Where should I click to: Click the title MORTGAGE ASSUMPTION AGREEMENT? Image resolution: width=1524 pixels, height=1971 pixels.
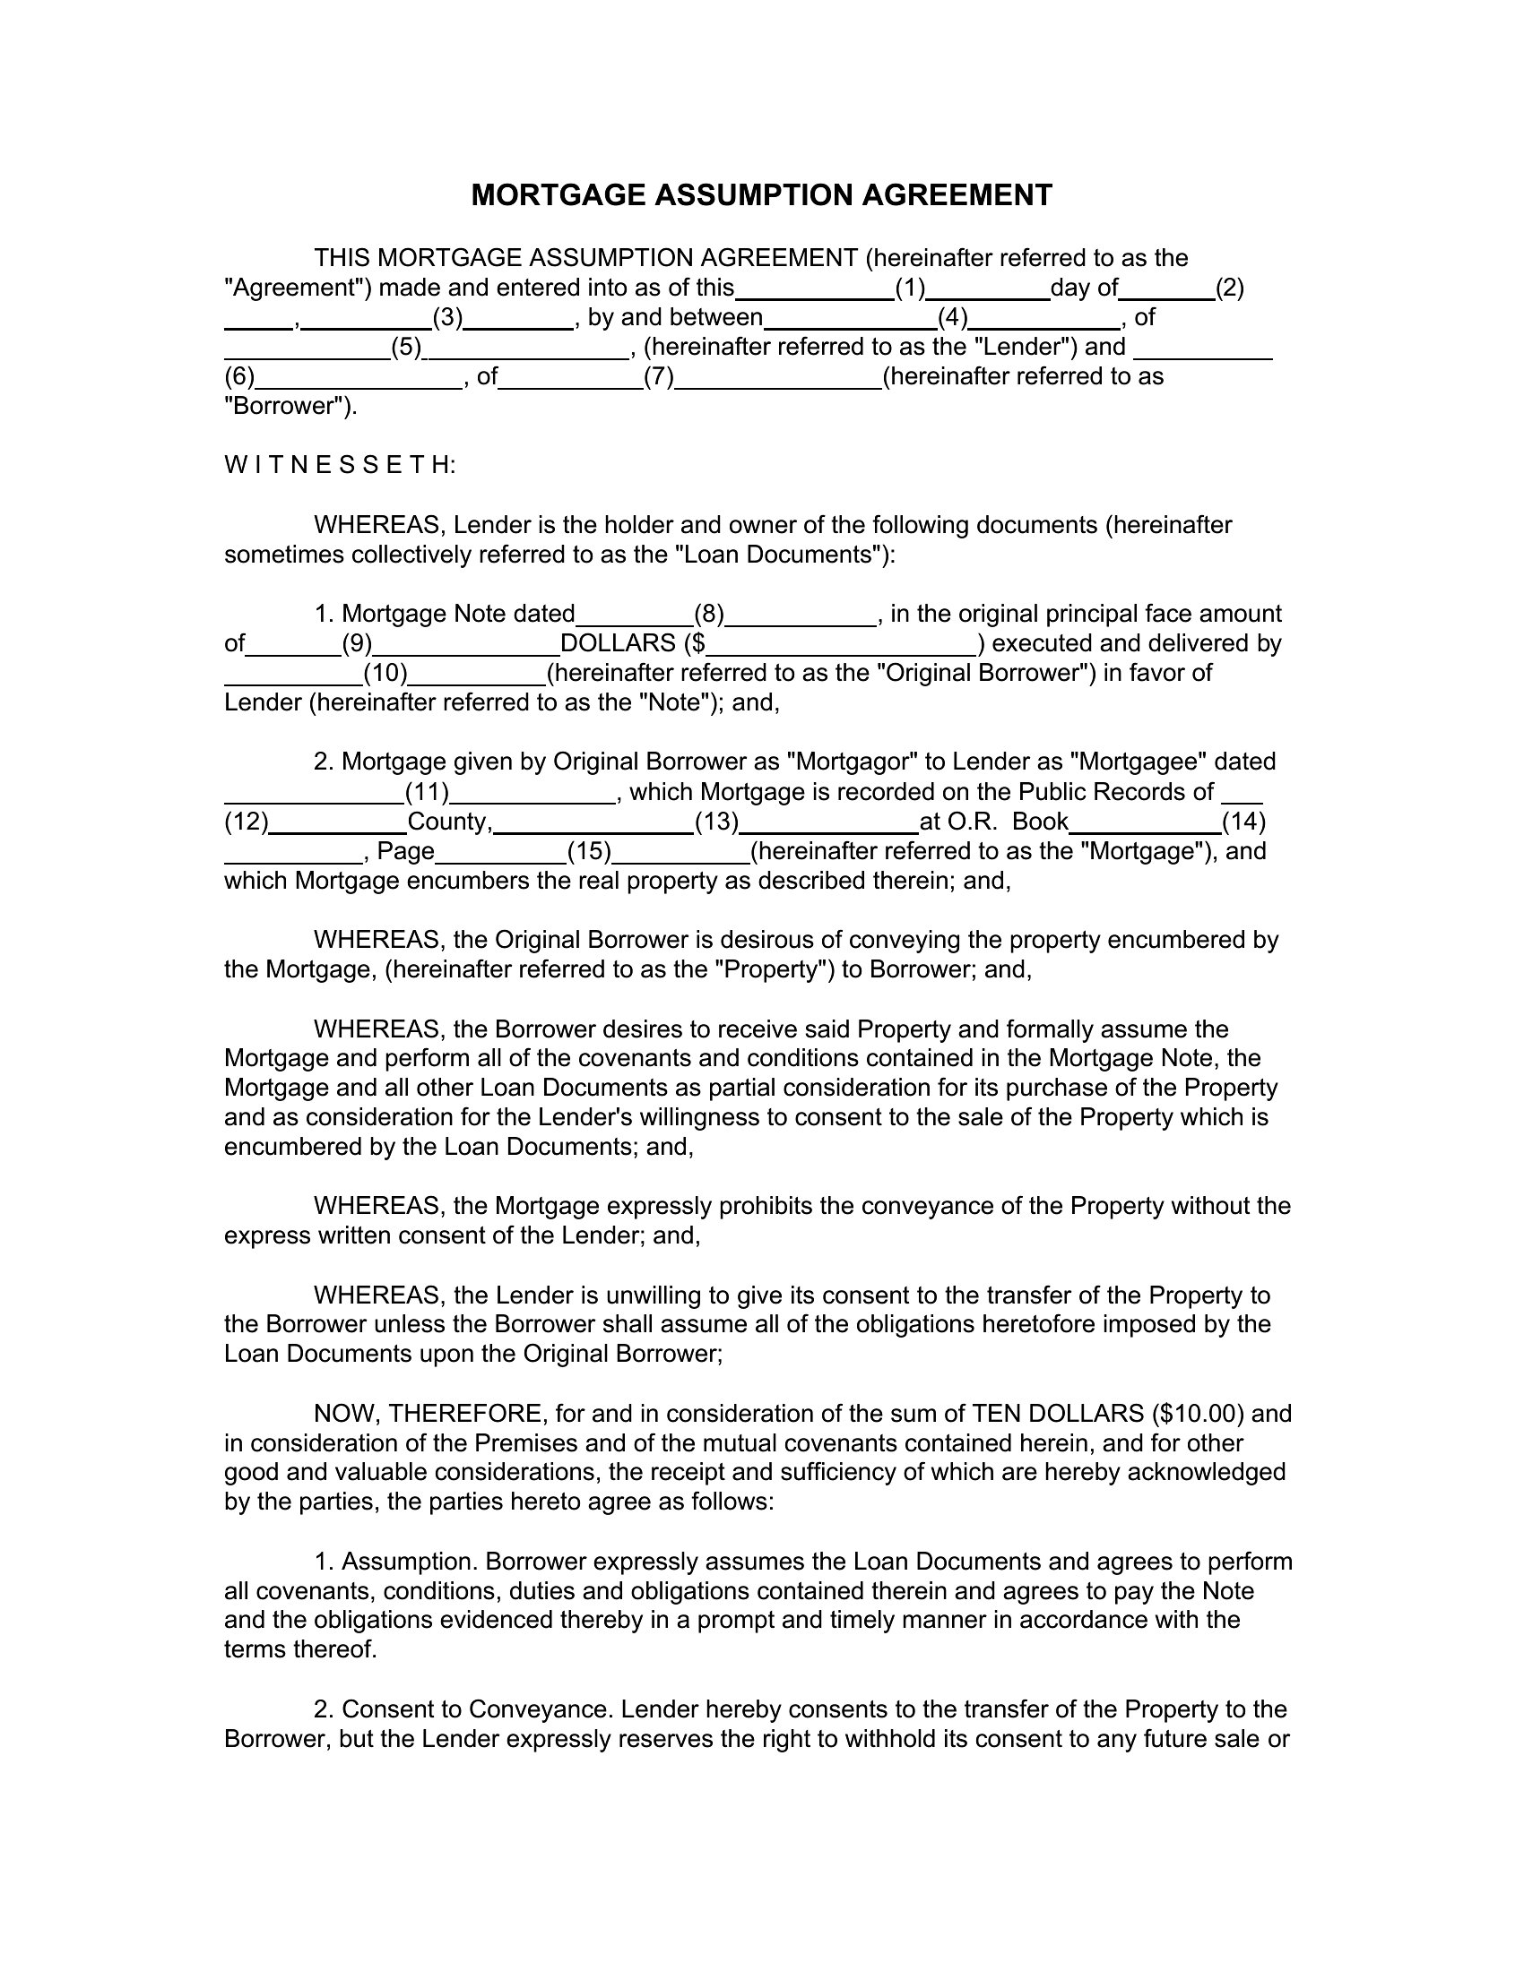coord(761,195)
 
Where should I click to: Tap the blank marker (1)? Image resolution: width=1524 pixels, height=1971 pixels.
coord(910,288)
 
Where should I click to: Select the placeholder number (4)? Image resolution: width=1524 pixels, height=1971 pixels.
coord(952,318)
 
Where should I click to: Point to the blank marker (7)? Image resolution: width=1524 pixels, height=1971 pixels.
coord(659,376)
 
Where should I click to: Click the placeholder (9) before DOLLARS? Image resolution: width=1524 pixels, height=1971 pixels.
coord(357,643)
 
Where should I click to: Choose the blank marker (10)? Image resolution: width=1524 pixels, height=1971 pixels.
coord(385,673)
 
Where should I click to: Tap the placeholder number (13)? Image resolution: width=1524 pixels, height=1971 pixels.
coord(717,822)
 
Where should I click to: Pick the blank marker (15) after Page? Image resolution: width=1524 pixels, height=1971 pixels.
coord(590,852)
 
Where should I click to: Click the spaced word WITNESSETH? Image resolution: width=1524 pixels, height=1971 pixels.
coord(340,466)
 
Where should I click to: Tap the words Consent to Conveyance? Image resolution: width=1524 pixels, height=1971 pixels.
coord(478,1710)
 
